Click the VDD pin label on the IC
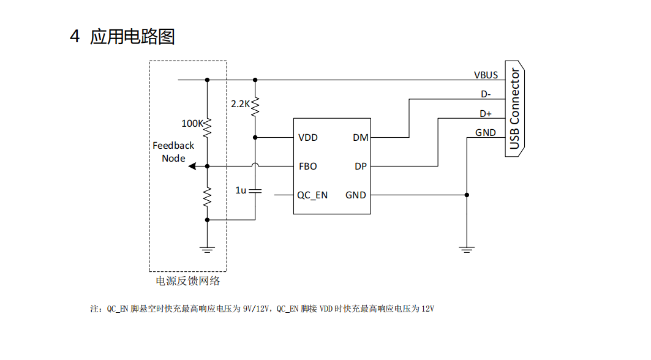[307, 137]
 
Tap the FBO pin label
[307, 167]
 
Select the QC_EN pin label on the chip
[312, 195]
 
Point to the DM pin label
[360, 137]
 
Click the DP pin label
[360, 167]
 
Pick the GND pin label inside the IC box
[355, 195]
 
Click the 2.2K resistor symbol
[255, 107]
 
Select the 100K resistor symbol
[207, 127]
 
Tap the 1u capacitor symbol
[255, 190]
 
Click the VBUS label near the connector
[486, 75]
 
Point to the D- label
[486, 94]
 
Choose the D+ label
[486, 114]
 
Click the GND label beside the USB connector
[486, 133]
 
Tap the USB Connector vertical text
[514, 109]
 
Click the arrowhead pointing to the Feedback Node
[192, 166]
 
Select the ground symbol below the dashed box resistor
[207, 250]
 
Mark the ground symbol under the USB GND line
[467, 250]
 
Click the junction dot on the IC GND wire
[467, 195]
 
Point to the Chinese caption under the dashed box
[187, 281]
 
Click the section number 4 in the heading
[75, 37]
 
